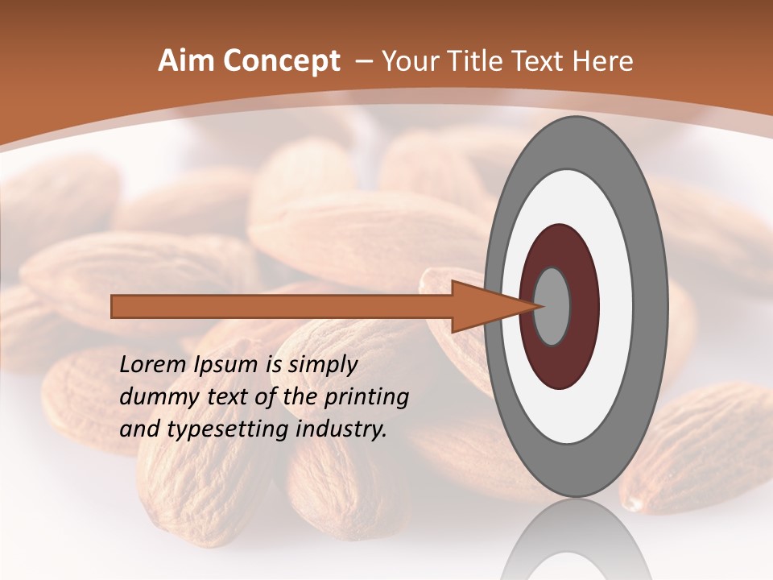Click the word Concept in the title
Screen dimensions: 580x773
282,61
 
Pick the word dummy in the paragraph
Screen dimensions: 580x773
155,397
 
